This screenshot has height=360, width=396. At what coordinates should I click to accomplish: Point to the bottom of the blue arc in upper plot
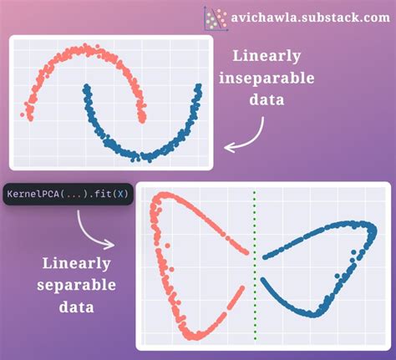click(x=146, y=155)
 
